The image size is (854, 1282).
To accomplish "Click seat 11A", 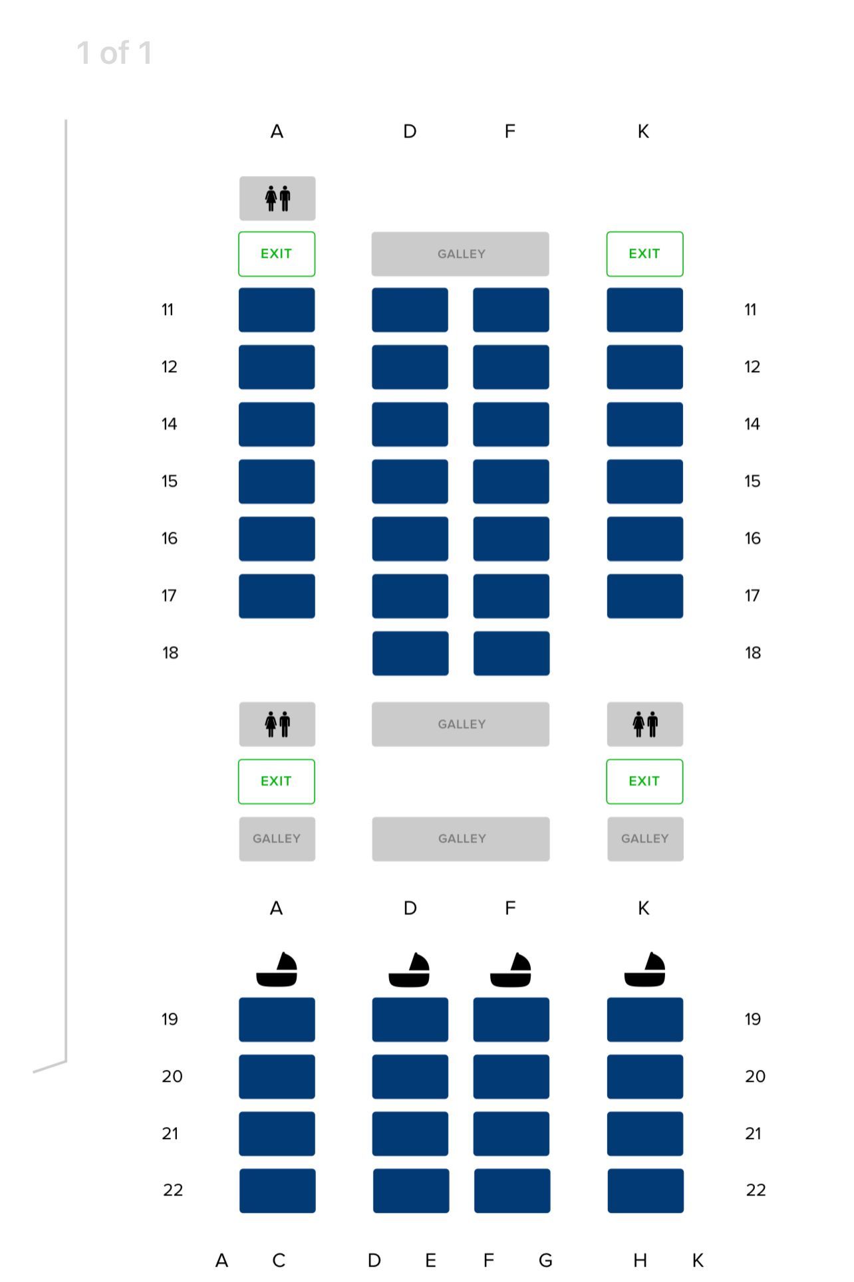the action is [x=277, y=310].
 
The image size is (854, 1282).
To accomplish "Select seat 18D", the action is [x=410, y=653].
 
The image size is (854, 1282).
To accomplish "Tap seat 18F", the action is [x=511, y=653].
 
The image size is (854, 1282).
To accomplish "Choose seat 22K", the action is [x=645, y=1191].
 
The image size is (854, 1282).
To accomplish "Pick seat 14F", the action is [x=511, y=424].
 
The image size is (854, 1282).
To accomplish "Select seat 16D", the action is [x=410, y=539].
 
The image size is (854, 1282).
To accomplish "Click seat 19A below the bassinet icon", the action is [x=277, y=1019].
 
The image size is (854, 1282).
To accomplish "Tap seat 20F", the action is [x=511, y=1077].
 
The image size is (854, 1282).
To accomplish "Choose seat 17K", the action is [x=644, y=596].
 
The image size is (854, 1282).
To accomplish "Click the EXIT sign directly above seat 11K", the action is [x=644, y=254].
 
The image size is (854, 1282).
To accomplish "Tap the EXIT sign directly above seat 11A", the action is [x=277, y=254].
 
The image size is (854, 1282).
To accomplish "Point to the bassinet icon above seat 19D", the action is [x=409, y=970].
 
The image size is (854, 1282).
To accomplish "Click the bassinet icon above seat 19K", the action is [x=644, y=970].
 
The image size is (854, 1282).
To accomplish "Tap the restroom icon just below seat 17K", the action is [x=645, y=724].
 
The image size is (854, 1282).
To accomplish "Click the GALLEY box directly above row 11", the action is [x=460, y=254].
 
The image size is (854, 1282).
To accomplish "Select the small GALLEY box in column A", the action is [x=277, y=839].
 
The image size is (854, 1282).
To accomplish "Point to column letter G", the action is [x=545, y=1260].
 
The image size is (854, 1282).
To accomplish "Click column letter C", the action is [x=279, y=1260].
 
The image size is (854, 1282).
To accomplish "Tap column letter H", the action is [x=640, y=1260].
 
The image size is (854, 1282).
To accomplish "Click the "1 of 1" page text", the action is [x=114, y=53].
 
